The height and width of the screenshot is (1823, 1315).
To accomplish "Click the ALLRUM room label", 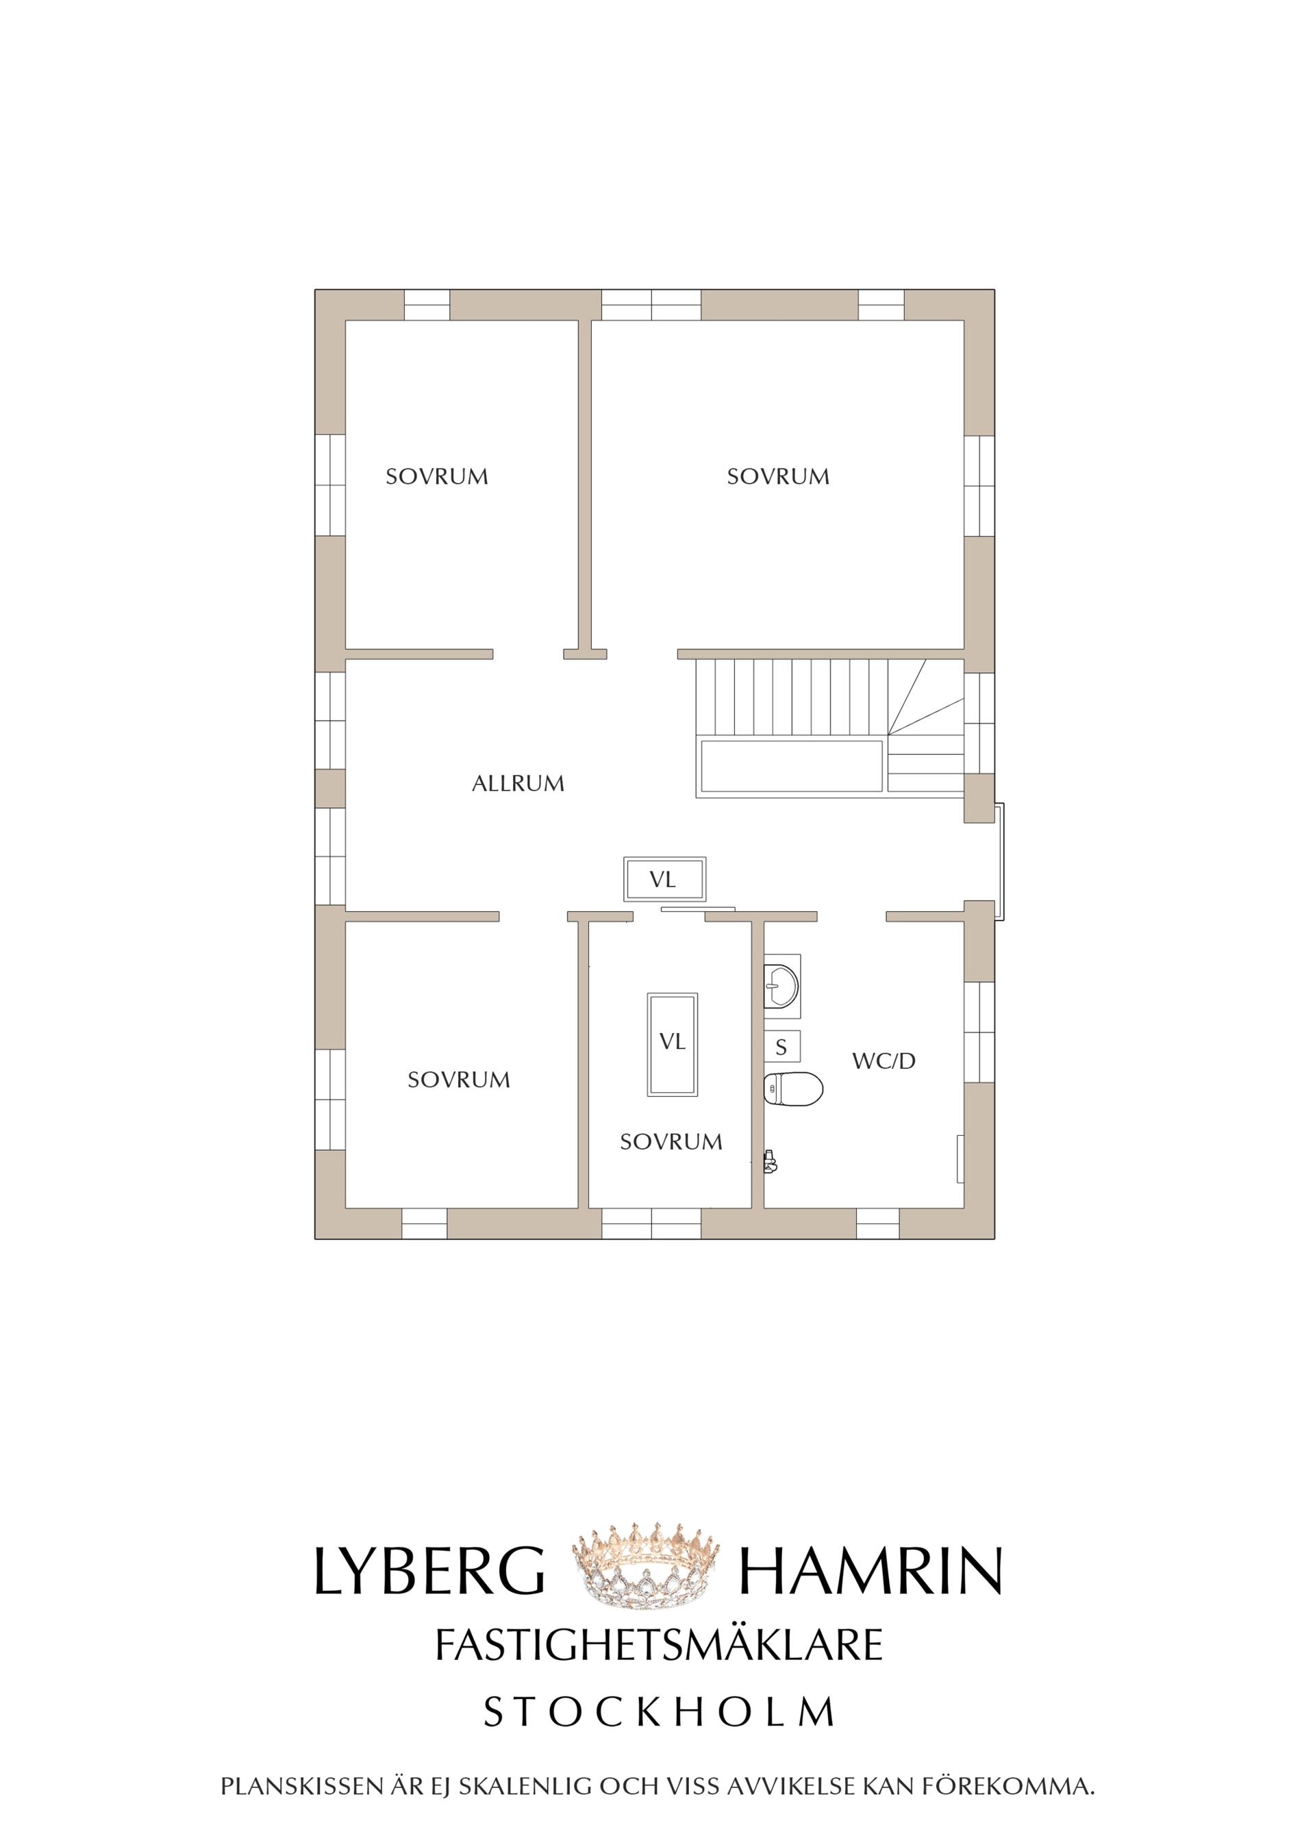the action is click(x=518, y=784).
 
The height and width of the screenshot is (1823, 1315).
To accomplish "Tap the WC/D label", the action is click(x=884, y=1061).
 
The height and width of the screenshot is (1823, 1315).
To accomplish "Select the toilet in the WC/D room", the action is click(x=792, y=1089).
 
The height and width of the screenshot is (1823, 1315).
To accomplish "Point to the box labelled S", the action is click(x=781, y=1047).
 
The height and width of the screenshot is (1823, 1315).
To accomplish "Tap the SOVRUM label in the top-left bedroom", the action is click(x=436, y=477).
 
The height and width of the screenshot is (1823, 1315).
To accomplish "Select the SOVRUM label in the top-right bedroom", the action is click(x=777, y=477).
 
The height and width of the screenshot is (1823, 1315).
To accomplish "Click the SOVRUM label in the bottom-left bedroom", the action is click(x=458, y=1080).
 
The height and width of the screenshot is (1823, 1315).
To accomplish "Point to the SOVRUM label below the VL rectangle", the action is click(x=671, y=1141).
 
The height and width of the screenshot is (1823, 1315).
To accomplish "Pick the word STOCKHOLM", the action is click(x=659, y=1712).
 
